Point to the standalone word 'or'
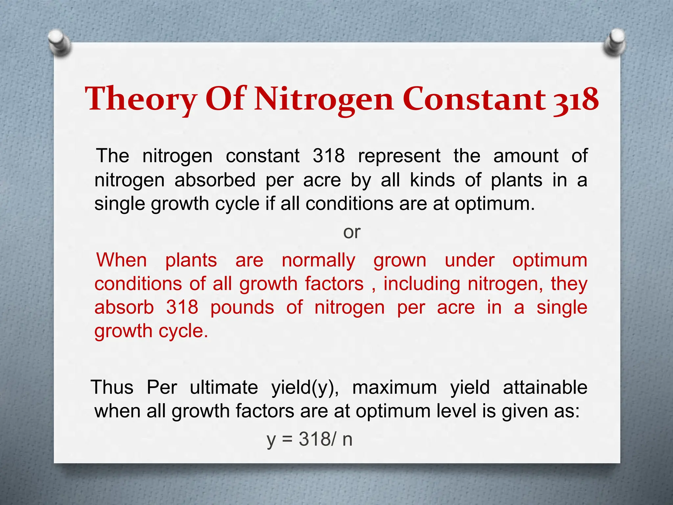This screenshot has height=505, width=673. tap(352, 232)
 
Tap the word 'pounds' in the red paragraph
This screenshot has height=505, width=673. tap(242, 307)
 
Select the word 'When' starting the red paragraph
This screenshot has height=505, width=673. tap(121, 260)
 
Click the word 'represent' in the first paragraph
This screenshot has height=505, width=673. tap(399, 156)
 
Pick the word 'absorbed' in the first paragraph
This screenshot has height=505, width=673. tap(215, 180)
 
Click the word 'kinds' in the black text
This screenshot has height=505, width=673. tap(432, 180)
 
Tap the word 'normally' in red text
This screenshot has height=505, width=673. tap(318, 261)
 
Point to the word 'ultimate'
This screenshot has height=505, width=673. tap(224, 387)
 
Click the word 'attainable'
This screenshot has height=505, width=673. tap(545, 387)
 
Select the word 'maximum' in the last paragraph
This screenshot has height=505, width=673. tap(394, 387)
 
